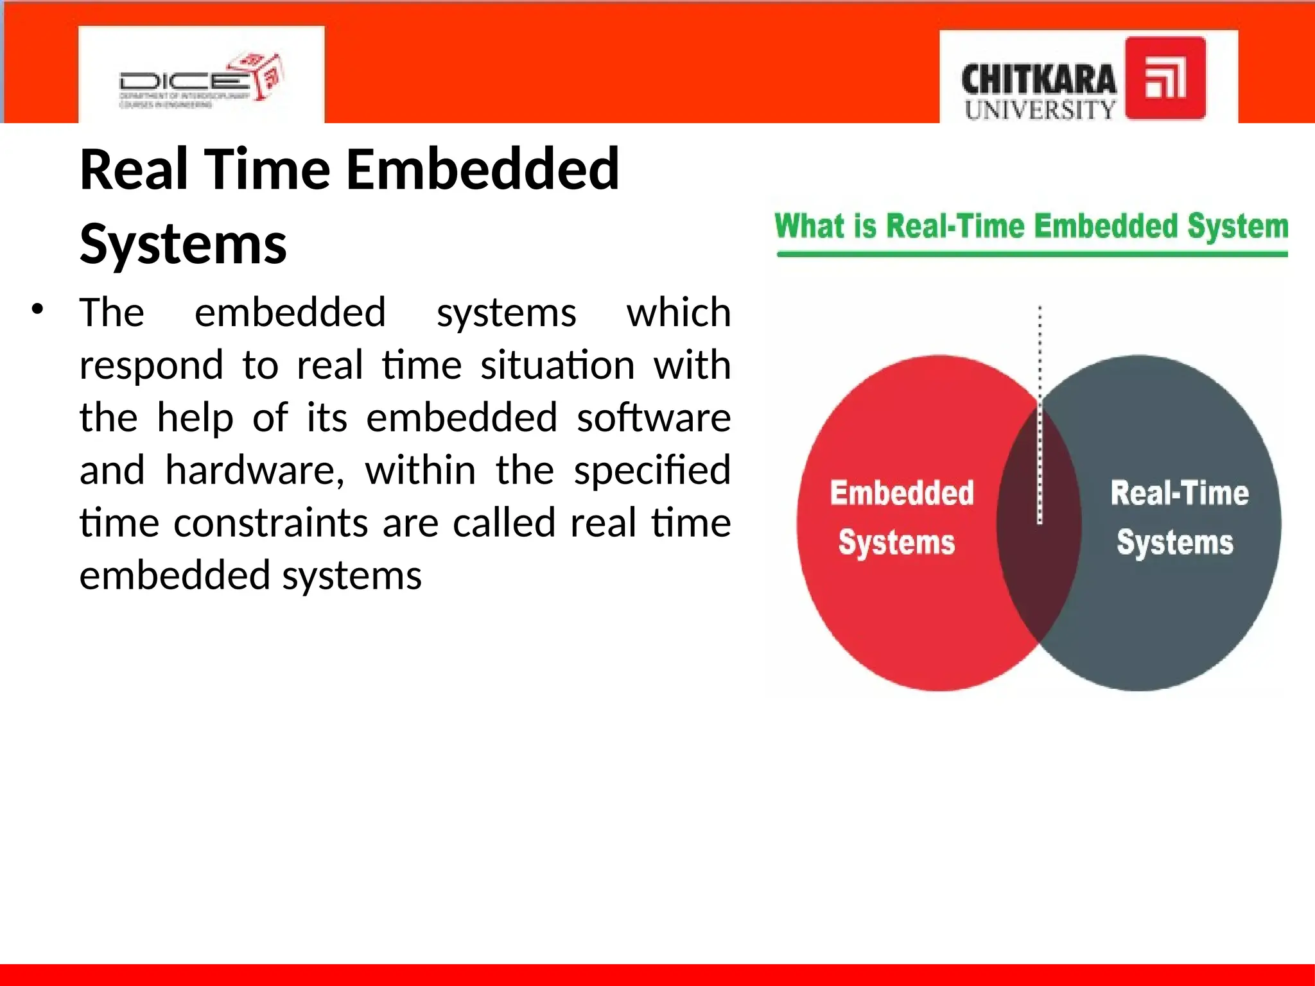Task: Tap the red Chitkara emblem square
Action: [1165, 78]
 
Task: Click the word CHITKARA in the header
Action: [1038, 80]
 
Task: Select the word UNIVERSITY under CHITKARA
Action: [1040, 110]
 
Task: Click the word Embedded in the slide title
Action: [482, 169]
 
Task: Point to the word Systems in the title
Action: [183, 244]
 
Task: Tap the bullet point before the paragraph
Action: [38, 309]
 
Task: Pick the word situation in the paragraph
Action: [557, 365]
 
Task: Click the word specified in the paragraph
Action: [652, 470]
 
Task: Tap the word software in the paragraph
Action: [653, 417]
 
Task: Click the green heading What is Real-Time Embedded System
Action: [1031, 227]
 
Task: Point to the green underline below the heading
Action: [1031, 255]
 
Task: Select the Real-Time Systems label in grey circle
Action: [1178, 517]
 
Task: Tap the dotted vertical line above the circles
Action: [1040, 347]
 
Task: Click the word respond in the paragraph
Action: [151, 365]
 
